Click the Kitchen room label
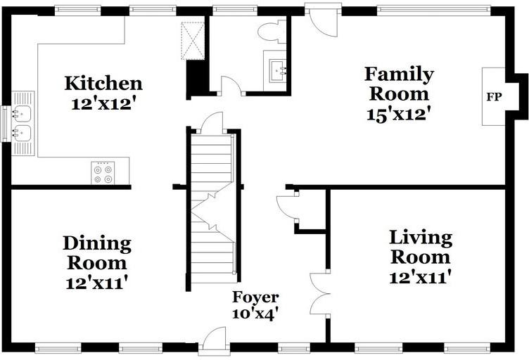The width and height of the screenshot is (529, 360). click(x=103, y=84)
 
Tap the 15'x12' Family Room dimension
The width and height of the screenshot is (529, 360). click(x=399, y=115)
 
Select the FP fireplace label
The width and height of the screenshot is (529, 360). click(x=494, y=97)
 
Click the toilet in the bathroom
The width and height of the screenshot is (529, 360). click(x=272, y=32)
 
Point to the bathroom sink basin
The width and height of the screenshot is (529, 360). click(x=278, y=70)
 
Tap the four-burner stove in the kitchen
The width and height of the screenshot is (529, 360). click(x=103, y=173)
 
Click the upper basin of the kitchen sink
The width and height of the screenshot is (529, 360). click(x=23, y=114)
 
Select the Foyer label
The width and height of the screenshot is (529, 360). click(x=255, y=297)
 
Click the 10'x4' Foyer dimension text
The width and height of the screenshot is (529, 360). click(x=255, y=314)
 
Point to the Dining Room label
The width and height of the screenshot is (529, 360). click(x=97, y=253)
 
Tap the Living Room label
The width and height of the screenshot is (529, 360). click(x=421, y=247)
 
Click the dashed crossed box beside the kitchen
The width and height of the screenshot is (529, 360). click(x=193, y=41)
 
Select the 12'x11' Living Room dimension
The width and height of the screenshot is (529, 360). click(x=421, y=278)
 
